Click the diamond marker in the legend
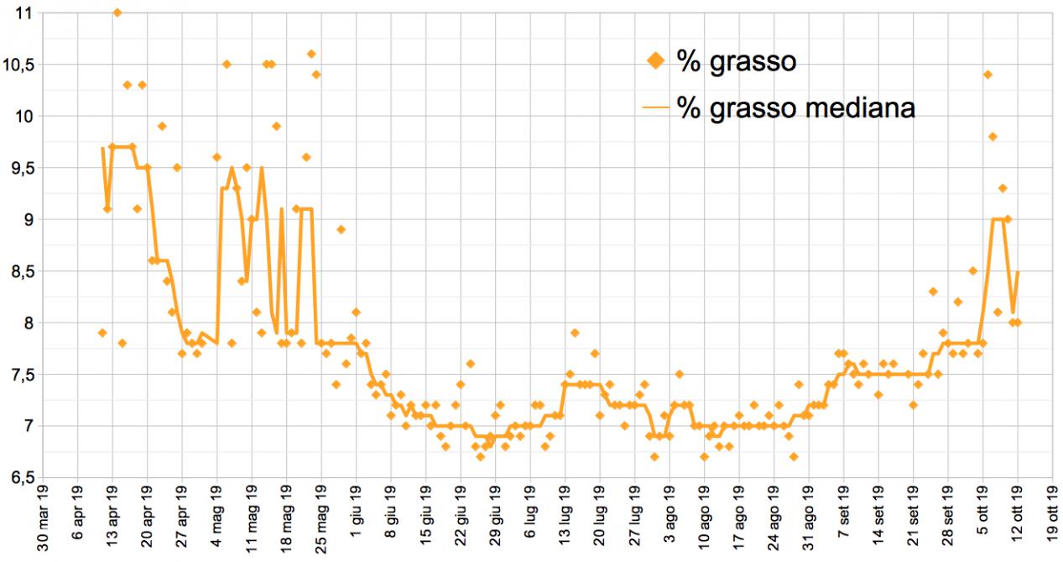[x=657, y=61]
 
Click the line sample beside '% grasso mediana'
[x=657, y=108]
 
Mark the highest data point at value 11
[x=117, y=13]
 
